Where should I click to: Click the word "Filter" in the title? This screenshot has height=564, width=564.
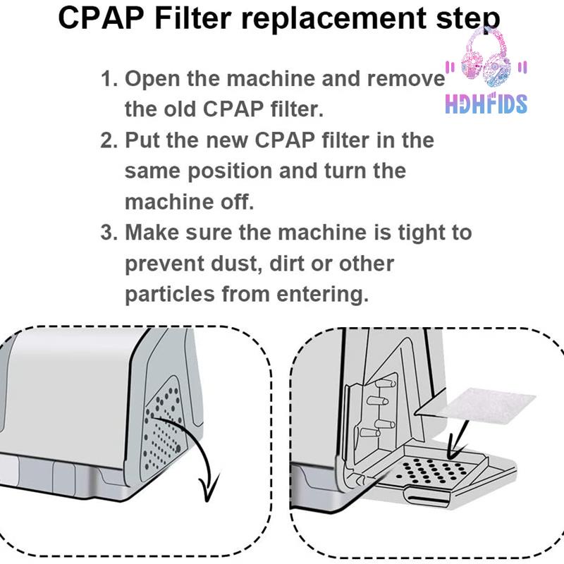(x=192, y=18)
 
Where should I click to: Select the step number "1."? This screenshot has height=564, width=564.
(x=109, y=79)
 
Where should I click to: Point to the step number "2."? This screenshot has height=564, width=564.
(x=109, y=140)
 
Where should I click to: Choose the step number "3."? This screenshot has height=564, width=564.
(x=109, y=233)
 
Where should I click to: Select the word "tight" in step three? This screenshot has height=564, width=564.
(x=420, y=233)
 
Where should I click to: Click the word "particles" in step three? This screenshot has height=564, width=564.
(x=170, y=295)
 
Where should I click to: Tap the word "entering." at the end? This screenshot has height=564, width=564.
(x=323, y=295)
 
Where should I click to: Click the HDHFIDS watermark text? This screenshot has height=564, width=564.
(x=486, y=104)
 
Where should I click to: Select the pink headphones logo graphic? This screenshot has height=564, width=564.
(x=486, y=57)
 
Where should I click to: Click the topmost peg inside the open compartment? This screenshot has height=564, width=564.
(x=385, y=382)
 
